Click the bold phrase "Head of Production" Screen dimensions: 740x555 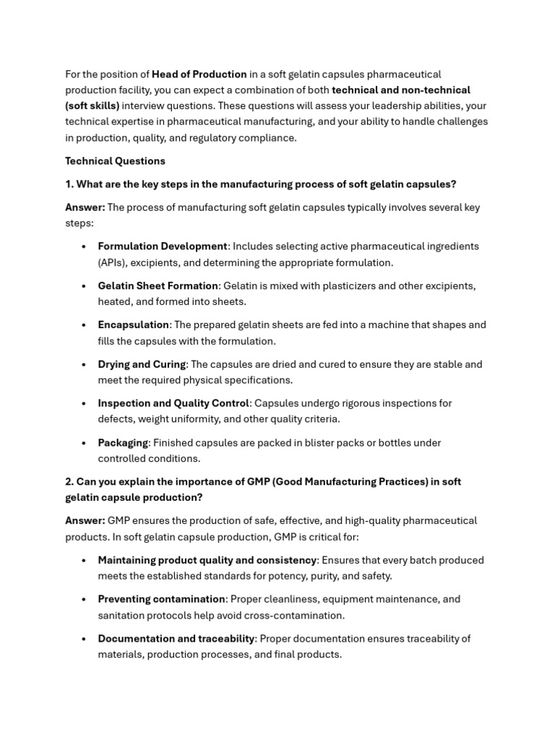point(199,74)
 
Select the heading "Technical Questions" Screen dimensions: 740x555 point(115,161)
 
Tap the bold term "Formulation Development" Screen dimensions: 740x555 point(163,246)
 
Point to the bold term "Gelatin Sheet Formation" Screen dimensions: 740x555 point(158,286)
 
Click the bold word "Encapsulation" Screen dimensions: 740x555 point(133,325)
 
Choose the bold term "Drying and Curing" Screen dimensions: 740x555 point(142,364)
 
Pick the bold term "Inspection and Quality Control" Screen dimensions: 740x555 point(173,403)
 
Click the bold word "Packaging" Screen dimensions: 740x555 point(123,443)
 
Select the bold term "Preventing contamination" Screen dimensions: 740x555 point(161,599)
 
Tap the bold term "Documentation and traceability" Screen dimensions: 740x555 point(176,639)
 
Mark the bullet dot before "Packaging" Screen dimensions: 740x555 point(85,443)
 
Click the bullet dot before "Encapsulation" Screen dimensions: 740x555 point(85,325)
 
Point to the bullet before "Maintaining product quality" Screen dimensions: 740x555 point(85,560)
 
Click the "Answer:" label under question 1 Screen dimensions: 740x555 point(85,207)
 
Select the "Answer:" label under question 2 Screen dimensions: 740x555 point(85,521)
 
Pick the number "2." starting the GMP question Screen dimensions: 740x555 point(69,482)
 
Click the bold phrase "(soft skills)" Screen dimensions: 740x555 point(92,106)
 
